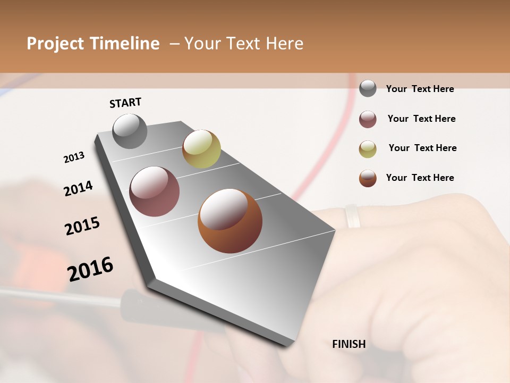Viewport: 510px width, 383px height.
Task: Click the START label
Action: coord(125,103)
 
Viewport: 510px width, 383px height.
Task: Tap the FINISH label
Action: coord(349,344)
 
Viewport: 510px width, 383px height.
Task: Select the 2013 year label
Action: coord(74,157)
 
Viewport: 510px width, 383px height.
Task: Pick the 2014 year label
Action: coord(79,188)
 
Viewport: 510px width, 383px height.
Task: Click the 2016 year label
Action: coord(90,269)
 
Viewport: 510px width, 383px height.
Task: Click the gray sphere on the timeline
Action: coord(130,131)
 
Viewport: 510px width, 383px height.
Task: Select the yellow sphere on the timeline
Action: coord(201,149)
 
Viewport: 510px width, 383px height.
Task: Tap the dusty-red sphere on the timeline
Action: coord(155,191)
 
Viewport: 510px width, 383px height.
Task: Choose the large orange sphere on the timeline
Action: coord(230,221)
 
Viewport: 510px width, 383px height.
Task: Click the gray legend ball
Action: coord(368,88)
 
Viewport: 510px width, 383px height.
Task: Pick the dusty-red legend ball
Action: coord(368,119)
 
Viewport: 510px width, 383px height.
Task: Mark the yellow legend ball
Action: coord(368,149)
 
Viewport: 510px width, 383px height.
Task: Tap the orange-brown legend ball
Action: coord(368,178)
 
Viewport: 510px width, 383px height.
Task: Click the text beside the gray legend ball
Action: coord(420,89)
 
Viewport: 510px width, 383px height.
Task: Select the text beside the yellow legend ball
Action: coord(423,148)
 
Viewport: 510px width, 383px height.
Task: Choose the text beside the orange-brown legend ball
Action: coord(420,178)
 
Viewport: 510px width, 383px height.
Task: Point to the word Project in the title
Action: coord(55,44)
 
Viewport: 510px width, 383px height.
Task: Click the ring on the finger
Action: coord(352,217)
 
